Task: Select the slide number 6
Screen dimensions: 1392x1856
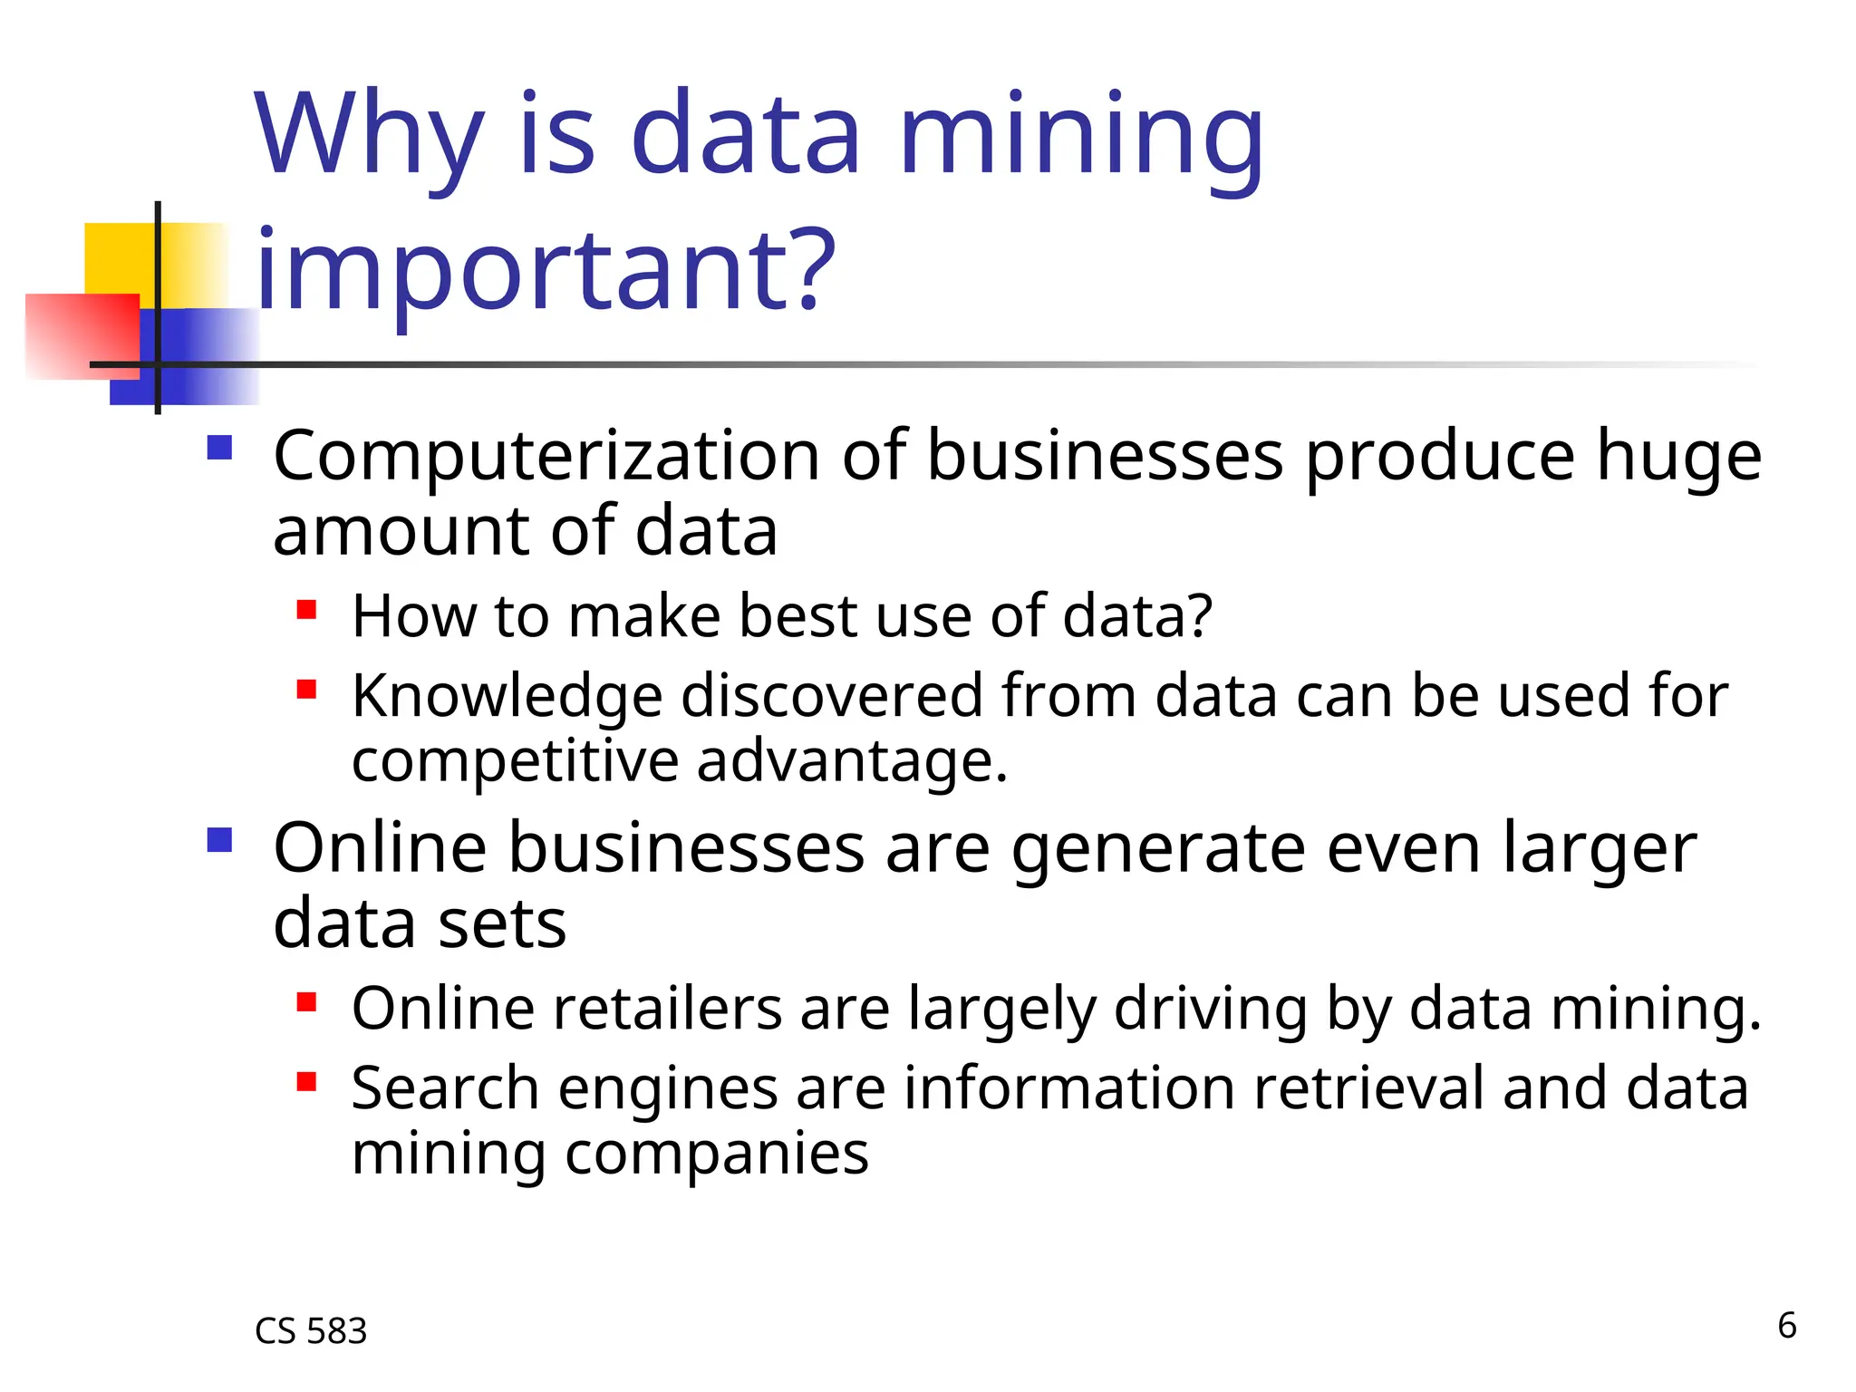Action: point(1786,1326)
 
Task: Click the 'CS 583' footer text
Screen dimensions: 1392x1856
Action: point(311,1331)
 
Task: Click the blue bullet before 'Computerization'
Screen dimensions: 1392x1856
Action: point(220,449)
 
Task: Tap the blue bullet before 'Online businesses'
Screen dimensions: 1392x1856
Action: point(220,840)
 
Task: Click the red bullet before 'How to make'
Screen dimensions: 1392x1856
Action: point(306,609)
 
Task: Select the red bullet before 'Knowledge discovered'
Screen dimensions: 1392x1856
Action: point(306,690)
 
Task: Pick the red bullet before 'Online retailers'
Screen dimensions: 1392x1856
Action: point(306,1001)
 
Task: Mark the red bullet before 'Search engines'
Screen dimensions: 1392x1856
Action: point(306,1081)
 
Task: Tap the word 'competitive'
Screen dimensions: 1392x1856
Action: point(514,762)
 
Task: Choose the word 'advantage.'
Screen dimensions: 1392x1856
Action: point(851,762)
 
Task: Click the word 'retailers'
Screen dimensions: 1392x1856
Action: point(667,1009)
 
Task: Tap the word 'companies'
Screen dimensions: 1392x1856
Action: point(716,1155)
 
